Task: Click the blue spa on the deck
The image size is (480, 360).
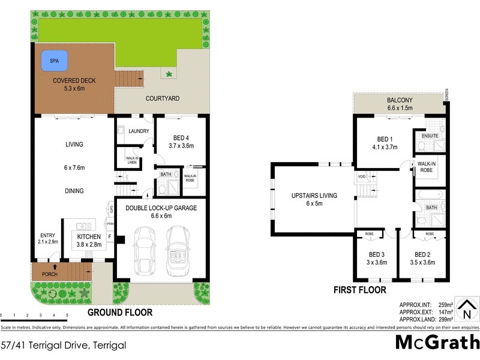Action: (54, 60)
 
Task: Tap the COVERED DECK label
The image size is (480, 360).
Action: (74, 80)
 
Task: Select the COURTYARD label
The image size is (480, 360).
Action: (163, 98)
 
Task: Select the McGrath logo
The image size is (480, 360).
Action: (437, 341)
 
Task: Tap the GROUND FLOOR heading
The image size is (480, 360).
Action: (120, 312)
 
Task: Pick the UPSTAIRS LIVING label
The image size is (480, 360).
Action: (314, 196)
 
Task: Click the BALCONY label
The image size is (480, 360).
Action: (399, 100)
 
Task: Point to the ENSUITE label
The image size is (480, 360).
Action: (430, 136)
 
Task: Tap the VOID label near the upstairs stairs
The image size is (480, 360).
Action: (361, 176)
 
